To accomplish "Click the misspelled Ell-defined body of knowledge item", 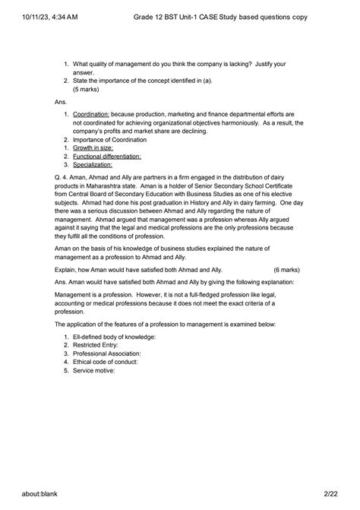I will pos(115,336).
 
